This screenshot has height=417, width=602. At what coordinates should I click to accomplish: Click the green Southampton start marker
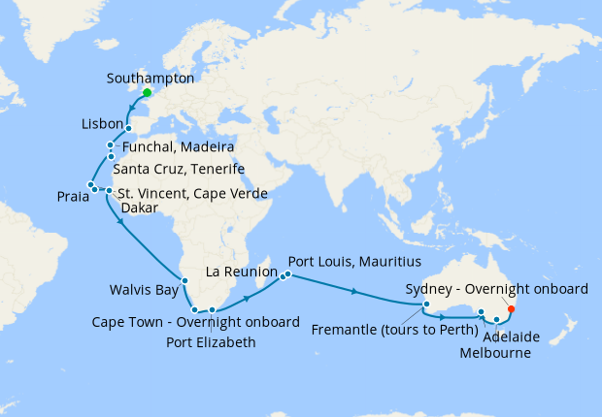(147, 93)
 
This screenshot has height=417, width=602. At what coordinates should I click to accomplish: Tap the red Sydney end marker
(512, 310)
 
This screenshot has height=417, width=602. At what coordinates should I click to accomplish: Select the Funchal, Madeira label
(178, 147)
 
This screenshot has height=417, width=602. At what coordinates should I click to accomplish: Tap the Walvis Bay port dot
(184, 278)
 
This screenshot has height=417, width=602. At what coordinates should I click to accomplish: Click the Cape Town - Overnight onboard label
(195, 322)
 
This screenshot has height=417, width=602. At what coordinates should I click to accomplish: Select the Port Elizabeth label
(212, 342)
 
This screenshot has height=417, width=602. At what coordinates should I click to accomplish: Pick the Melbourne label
(497, 354)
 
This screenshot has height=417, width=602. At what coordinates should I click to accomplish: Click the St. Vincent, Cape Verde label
(186, 192)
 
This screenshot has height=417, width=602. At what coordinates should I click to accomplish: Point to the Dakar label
(140, 208)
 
